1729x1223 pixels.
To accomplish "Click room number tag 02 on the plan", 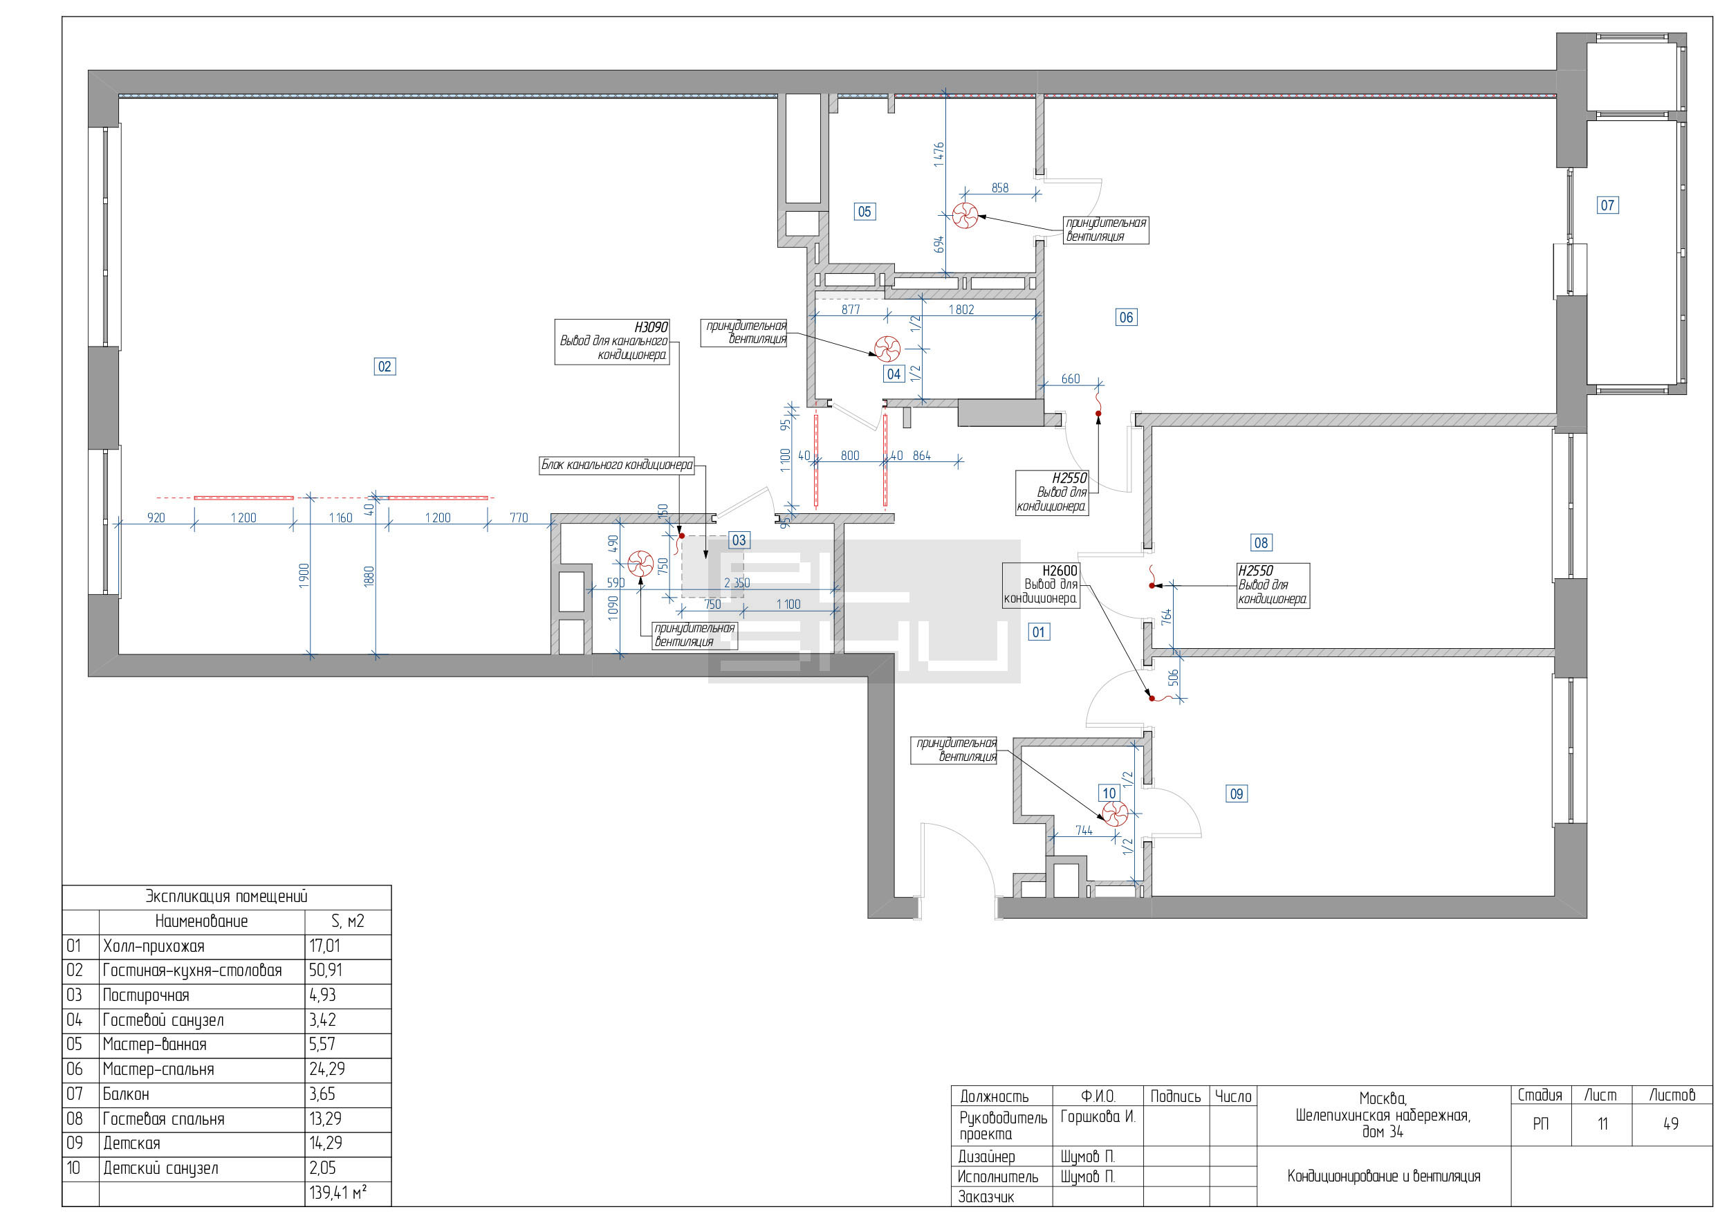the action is [385, 367].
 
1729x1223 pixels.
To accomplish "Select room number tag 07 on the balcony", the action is [1607, 205].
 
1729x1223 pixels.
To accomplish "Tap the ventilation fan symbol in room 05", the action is [965, 215].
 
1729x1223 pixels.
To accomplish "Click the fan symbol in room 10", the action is [1116, 813].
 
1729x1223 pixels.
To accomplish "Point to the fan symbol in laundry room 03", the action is [641, 563].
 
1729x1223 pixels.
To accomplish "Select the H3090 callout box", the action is [612, 342].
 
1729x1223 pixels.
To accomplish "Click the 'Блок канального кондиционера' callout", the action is [617, 466].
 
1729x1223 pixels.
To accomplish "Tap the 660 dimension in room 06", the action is [1070, 379].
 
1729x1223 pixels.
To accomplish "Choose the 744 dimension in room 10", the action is [1084, 831].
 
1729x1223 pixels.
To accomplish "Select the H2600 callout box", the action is [1042, 585].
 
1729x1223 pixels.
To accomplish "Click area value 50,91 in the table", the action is [325, 970].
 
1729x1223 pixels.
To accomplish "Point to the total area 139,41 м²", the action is [338, 1193].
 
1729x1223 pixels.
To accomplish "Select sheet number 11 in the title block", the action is [1602, 1123].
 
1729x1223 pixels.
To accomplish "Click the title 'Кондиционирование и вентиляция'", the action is [1383, 1177].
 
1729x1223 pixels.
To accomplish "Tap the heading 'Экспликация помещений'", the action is [227, 897].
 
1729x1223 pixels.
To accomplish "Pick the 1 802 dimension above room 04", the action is [961, 309].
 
